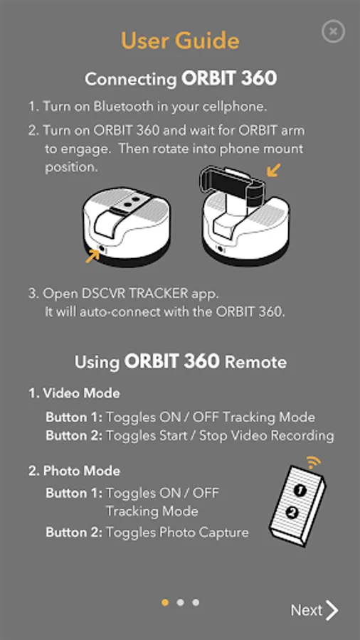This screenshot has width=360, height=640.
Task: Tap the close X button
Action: click(333, 31)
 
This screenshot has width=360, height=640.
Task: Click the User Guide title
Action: click(180, 41)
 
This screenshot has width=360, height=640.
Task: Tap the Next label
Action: click(307, 610)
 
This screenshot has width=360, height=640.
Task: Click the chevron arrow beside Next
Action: click(332, 610)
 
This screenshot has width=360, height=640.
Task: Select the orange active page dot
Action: click(165, 602)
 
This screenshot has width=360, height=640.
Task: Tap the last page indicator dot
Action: click(196, 602)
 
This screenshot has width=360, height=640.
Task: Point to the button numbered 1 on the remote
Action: click(300, 491)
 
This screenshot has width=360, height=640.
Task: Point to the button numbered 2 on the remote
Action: click(292, 512)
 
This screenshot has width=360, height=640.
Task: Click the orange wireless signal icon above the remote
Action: click(314, 462)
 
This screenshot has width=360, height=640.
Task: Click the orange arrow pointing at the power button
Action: click(92, 256)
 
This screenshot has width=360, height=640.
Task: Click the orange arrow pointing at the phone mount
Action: click(273, 170)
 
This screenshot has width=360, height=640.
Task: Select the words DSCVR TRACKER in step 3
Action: click(134, 294)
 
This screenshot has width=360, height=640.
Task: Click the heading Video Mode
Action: click(81, 393)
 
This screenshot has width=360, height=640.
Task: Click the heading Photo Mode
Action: click(82, 471)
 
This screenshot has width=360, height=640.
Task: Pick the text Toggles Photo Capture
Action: click(177, 532)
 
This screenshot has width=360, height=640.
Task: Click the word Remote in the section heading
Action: click(256, 362)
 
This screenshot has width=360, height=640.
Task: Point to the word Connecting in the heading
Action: click(131, 79)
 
